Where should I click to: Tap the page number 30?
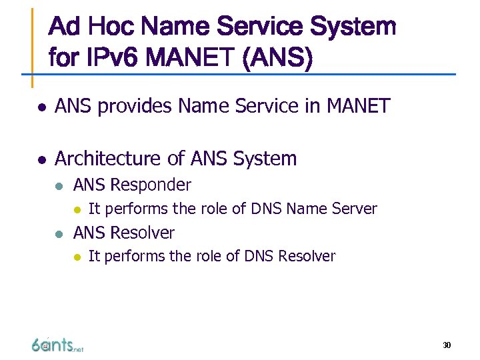[447, 345]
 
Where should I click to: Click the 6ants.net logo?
[57, 344]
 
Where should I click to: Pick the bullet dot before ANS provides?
[41, 107]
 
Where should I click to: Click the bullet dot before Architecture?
[41, 159]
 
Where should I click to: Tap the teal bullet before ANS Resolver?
[60, 234]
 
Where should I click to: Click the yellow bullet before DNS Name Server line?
[77, 209]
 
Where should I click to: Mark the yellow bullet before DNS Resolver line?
[77, 257]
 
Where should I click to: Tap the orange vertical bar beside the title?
[32, 47]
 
